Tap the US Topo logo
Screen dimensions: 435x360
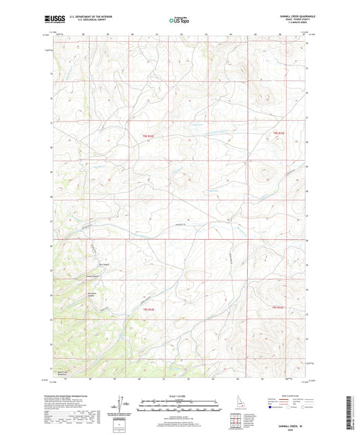click(x=179, y=20)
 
